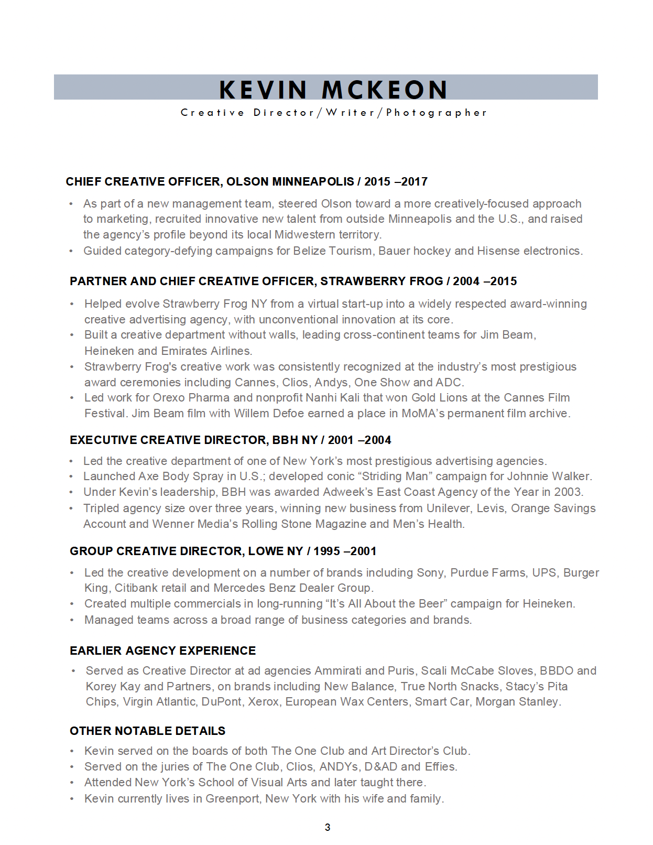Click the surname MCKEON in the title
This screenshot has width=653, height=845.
(385, 90)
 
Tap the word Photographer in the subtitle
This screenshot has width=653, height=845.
(437, 113)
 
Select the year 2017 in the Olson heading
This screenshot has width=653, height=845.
(414, 182)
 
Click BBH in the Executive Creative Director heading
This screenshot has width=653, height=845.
(285, 440)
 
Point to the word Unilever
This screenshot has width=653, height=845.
(450, 508)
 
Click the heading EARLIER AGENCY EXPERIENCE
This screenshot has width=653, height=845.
(162, 651)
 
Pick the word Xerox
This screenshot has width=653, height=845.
(263, 702)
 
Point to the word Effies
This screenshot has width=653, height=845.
(441, 767)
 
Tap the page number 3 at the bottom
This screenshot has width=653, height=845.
(328, 828)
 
